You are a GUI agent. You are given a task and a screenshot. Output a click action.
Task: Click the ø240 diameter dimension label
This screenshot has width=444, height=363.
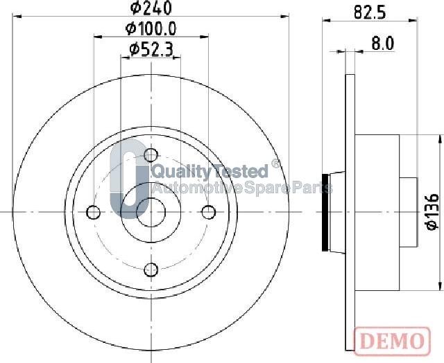coord(151,8)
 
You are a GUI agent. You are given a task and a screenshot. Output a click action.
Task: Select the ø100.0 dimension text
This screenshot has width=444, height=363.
coord(151,28)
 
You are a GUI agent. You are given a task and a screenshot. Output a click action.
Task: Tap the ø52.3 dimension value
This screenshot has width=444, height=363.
coord(151,50)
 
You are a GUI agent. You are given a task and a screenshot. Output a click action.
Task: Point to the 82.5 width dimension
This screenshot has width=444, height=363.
coord(370,12)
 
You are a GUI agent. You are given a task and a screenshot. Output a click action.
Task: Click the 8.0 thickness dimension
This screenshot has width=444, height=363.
coord(382,44)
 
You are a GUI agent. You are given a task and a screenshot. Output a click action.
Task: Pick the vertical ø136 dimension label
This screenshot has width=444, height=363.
coord(432,211)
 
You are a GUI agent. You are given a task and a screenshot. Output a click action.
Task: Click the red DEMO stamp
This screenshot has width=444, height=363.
coord(392,341)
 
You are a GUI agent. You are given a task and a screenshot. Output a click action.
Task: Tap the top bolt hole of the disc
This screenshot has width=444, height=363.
coord(151,155)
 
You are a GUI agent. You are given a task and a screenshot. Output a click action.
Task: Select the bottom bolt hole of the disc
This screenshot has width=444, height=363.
coord(151,269)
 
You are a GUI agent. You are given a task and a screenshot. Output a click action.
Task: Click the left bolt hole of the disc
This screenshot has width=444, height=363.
coord(93,212)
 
